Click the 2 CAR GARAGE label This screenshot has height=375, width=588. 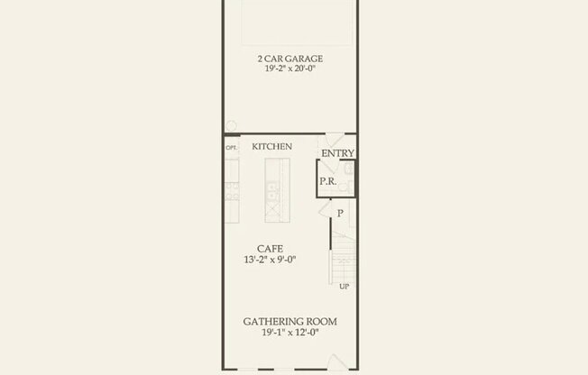pyautogui.click(x=289, y=59)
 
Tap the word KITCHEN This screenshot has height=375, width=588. pyautogui.click(x=271, y=146)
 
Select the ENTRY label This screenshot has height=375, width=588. pyautogui.click(x=337, y=153)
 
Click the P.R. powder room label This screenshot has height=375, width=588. pyautogui.click(x=327, y=181)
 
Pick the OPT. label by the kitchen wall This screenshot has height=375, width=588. pyautogui.click(x=231, y=147)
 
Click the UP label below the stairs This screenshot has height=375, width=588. pyautogui.click(x=344, y=288)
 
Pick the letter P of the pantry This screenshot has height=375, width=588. pyautogui.click(x=340, y=213)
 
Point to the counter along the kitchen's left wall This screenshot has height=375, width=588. pyautogui.click(x=231, y=189)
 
